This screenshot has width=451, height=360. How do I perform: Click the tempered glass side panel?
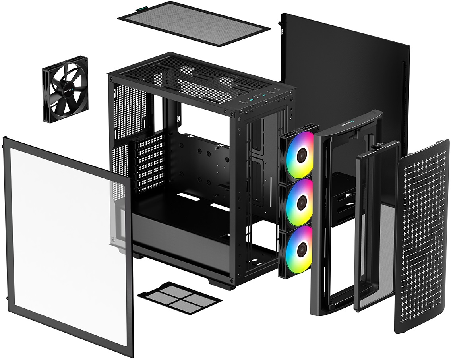tap(68, 246)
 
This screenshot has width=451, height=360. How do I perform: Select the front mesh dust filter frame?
tap(376, 226)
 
